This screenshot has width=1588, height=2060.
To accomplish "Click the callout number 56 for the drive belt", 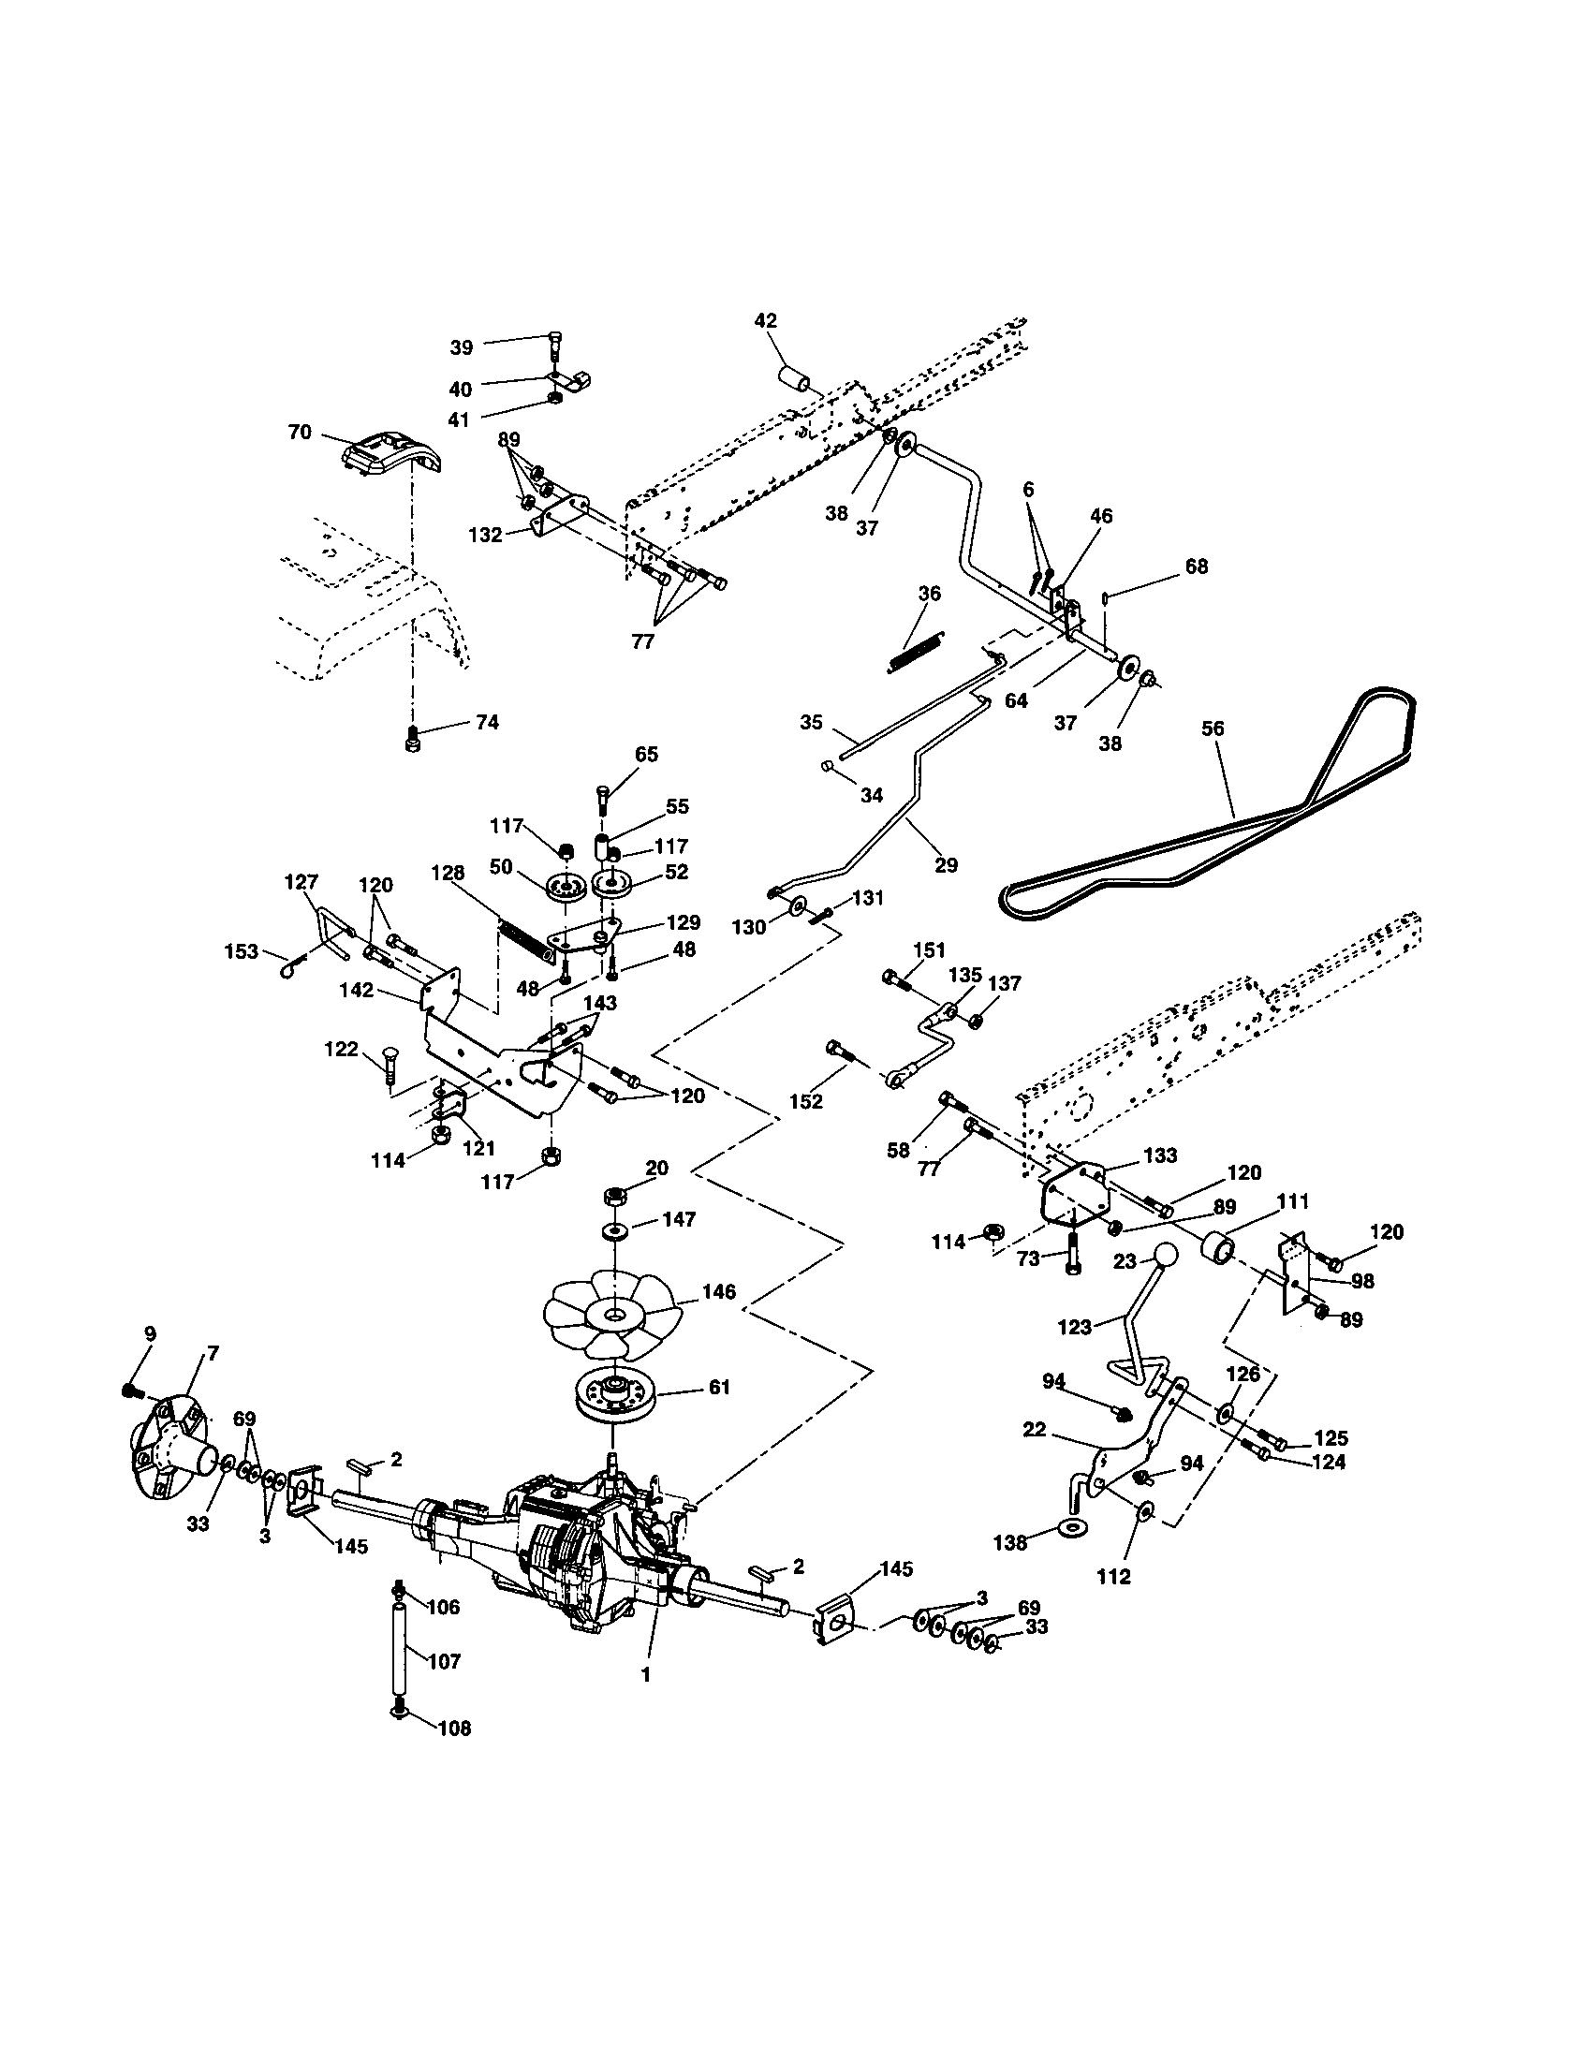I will tap(1213, 728).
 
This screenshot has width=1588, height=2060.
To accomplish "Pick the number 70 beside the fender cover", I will tap(300, 433).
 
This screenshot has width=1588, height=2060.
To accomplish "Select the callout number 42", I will tap(766, 320).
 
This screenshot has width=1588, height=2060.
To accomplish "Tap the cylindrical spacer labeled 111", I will tap(1217, 1253).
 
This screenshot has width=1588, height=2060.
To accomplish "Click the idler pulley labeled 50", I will tap(566, 888).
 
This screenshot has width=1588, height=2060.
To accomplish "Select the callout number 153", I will tap(242, 951).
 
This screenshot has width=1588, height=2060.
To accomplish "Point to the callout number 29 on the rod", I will tap(946, 865).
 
